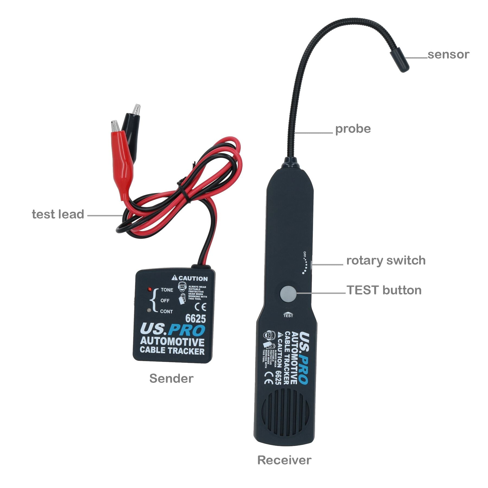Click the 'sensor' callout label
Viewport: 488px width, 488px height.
(x=448, y=54)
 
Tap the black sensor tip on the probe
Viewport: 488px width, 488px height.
(x=400, y=59)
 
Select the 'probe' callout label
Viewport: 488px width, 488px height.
(x=353, y=129)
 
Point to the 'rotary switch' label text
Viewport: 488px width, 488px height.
(x=386, y=260)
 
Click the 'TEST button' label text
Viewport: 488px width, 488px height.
(x=384, y=290)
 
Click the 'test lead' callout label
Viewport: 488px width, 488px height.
(x=58, y=214)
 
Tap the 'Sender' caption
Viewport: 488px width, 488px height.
(x=171, y=378)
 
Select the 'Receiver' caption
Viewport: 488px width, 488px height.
(x=284, y=460)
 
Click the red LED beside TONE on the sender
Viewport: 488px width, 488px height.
(x=149, y=289)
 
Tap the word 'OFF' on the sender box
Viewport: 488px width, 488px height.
(x=165, y=300)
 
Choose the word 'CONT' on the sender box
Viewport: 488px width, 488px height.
(x=166, y=312)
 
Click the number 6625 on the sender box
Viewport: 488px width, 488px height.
(x=195, y=318)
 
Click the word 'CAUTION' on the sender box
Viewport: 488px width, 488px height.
(x=193, y=278)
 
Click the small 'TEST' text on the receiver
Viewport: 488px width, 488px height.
(x=288, y=316)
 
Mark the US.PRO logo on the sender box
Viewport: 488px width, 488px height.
(x=172, y=330)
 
